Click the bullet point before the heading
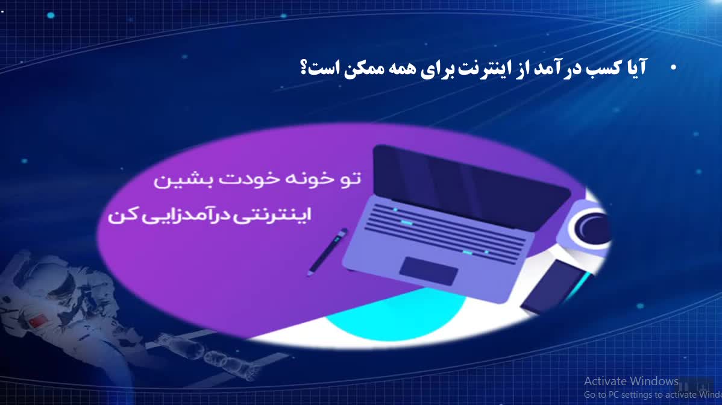coord(674,67)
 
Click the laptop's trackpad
coord(428,271)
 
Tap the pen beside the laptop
coord(327,252)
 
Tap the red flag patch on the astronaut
coord(37,320)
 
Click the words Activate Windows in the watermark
coord(631,381)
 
